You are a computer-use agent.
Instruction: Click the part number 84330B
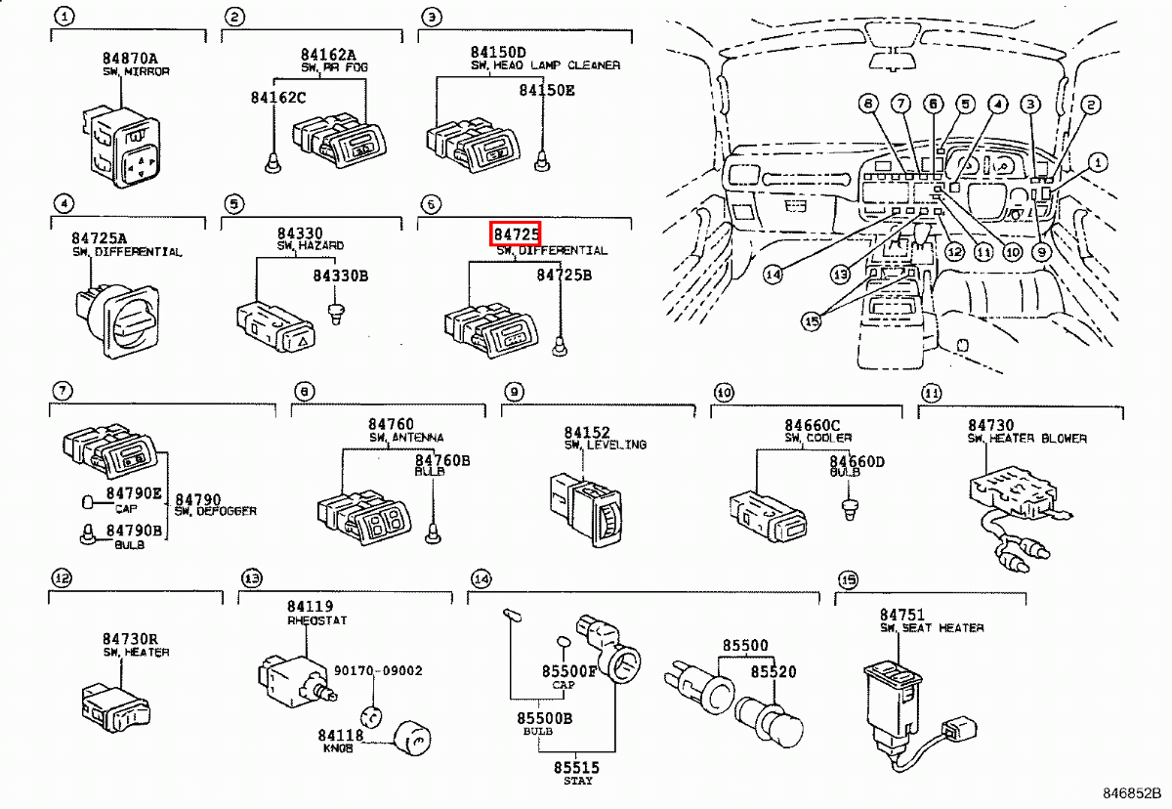(x=340, y=277)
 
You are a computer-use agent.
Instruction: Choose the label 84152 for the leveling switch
(x=586, y=432)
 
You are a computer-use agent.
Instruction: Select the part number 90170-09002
(x=378, y=671)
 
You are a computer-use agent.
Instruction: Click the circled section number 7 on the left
(x=62, y=391)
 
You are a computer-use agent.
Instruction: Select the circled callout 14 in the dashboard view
(x=774, y=275)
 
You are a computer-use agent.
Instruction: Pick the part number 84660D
(x=857, y=461)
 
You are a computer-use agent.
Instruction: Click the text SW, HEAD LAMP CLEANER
(x=544, y=65)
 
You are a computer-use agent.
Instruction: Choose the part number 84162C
(x=277, y=98)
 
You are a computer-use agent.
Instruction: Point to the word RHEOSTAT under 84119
(x=316, y=620)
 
